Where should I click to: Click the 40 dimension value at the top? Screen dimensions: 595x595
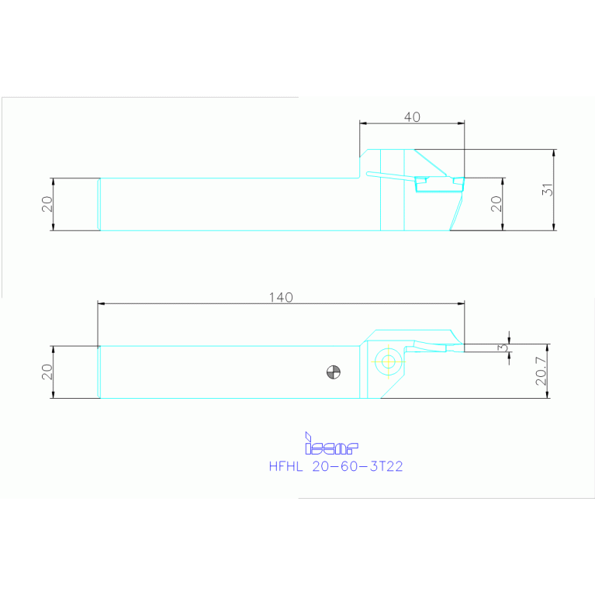(413, 117)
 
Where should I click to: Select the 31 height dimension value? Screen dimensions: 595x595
(548, 189)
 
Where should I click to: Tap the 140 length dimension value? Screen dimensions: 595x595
(282, 297)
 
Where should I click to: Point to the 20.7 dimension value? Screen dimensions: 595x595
(541, 371)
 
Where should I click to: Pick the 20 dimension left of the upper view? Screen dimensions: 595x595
(47, 204)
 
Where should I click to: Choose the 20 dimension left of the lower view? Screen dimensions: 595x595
(47, 372)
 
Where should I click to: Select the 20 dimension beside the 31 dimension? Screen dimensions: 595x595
(497, 203)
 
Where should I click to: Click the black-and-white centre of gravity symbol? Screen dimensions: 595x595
(334, 372)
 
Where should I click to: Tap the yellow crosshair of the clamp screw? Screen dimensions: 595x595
(387, 361)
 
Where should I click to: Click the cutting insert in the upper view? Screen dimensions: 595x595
(438, 182)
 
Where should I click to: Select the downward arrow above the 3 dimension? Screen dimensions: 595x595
(510, 340)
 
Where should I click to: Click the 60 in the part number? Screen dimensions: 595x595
(346, 467)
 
